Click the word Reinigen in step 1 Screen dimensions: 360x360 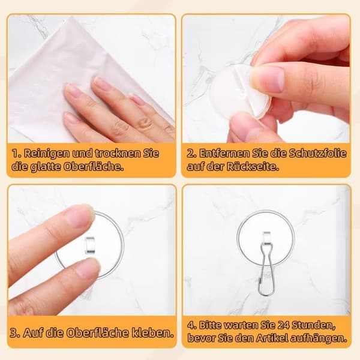[x=47, y=153]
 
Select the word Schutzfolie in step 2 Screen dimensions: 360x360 [x=317, y=153]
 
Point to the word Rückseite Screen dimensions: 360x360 [x=253, y=166]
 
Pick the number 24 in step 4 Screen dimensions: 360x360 [x=284, y=325]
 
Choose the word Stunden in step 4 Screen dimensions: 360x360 [x=313, y=326]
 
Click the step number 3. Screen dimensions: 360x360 [x=14, y=333]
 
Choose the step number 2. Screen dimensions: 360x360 [x=191, y=153]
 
